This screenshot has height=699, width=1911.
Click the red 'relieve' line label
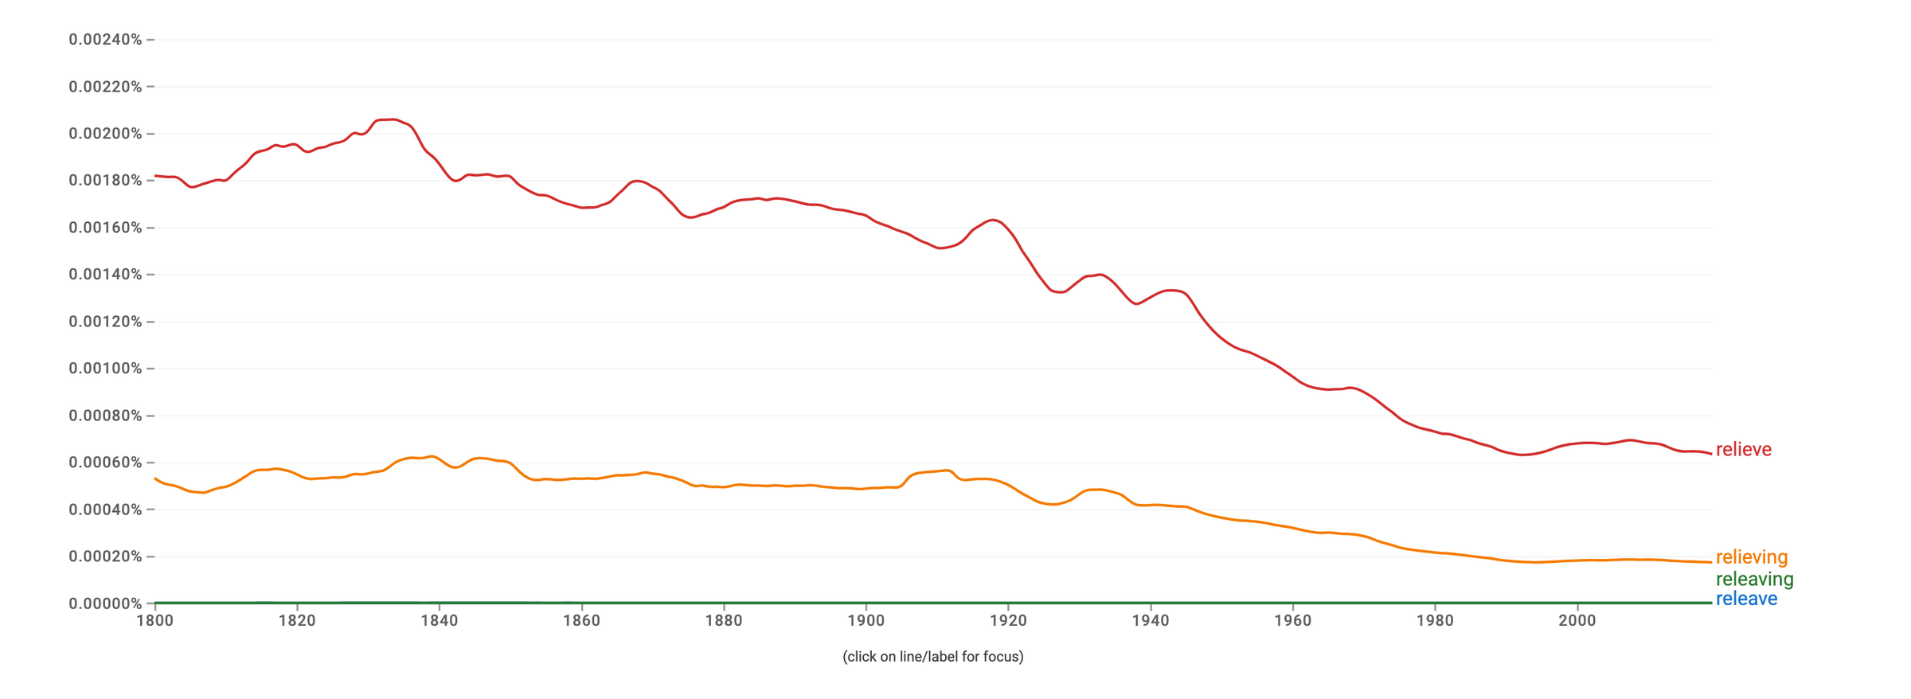click(1743, 450)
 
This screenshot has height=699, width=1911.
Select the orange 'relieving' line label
click(1751, 557)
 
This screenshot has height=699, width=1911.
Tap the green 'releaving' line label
click(1754, 580)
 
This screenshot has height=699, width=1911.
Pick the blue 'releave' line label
click(1746, 599)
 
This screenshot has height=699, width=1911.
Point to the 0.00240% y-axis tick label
click(105, 40)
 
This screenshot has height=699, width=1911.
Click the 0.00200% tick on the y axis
click(105, 134)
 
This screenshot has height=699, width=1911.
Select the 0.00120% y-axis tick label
click(105, 322)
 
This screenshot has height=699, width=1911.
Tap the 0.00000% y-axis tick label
click(105, 603)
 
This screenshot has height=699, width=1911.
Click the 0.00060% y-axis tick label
click(105, 463)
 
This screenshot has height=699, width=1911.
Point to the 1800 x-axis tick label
click(155, 621)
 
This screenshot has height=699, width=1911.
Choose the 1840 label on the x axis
click(440, 621)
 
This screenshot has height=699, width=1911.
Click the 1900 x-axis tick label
click(866, 621)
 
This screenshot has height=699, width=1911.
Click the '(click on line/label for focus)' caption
click(933, 657)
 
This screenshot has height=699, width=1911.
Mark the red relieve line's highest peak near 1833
click(390, 119)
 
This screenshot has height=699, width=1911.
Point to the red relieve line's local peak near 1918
click(993, 220)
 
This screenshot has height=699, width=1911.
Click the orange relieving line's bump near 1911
click(945, 471)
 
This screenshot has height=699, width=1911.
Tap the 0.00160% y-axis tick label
click(105, 228)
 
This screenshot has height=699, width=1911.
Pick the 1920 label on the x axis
click(1008, 621)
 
